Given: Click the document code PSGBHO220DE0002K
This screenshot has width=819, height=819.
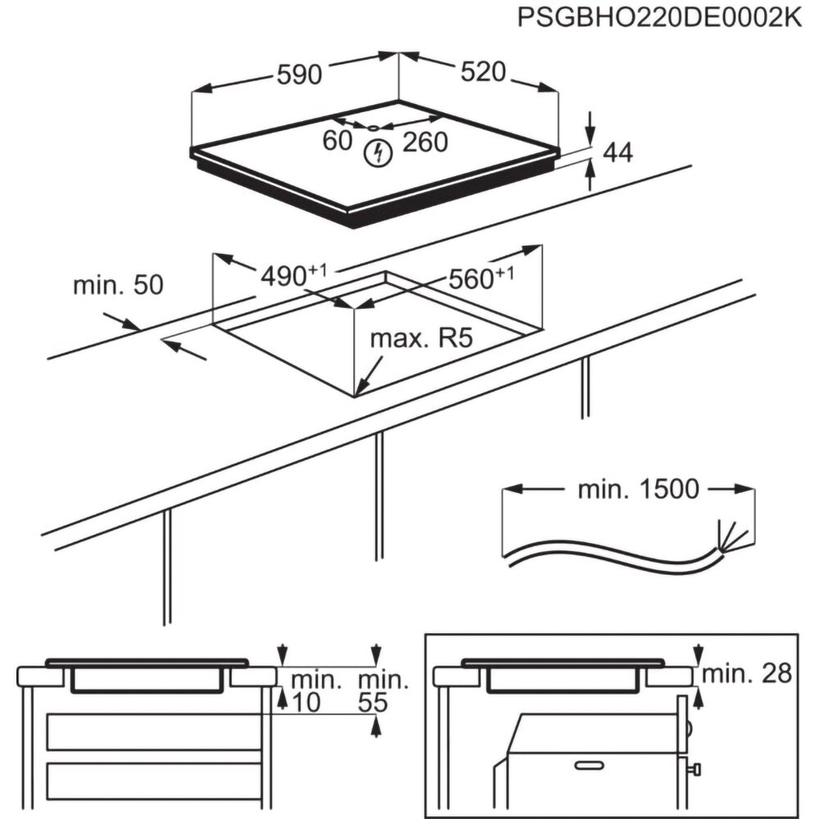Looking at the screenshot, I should [660, 19].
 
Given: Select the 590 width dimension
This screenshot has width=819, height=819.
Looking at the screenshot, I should [298, 75].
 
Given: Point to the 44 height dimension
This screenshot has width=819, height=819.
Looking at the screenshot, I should [618, 152].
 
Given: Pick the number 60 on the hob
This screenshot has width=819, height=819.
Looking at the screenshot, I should [337, 141].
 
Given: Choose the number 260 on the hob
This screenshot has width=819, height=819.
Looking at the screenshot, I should [426, 142].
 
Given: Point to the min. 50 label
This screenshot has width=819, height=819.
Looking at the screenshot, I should [118, 285].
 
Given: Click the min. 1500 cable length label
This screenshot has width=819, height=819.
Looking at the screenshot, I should [639, 490].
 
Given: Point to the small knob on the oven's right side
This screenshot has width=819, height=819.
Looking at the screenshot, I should [697, 769].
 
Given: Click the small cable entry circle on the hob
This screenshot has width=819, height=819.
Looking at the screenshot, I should [373, 128].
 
